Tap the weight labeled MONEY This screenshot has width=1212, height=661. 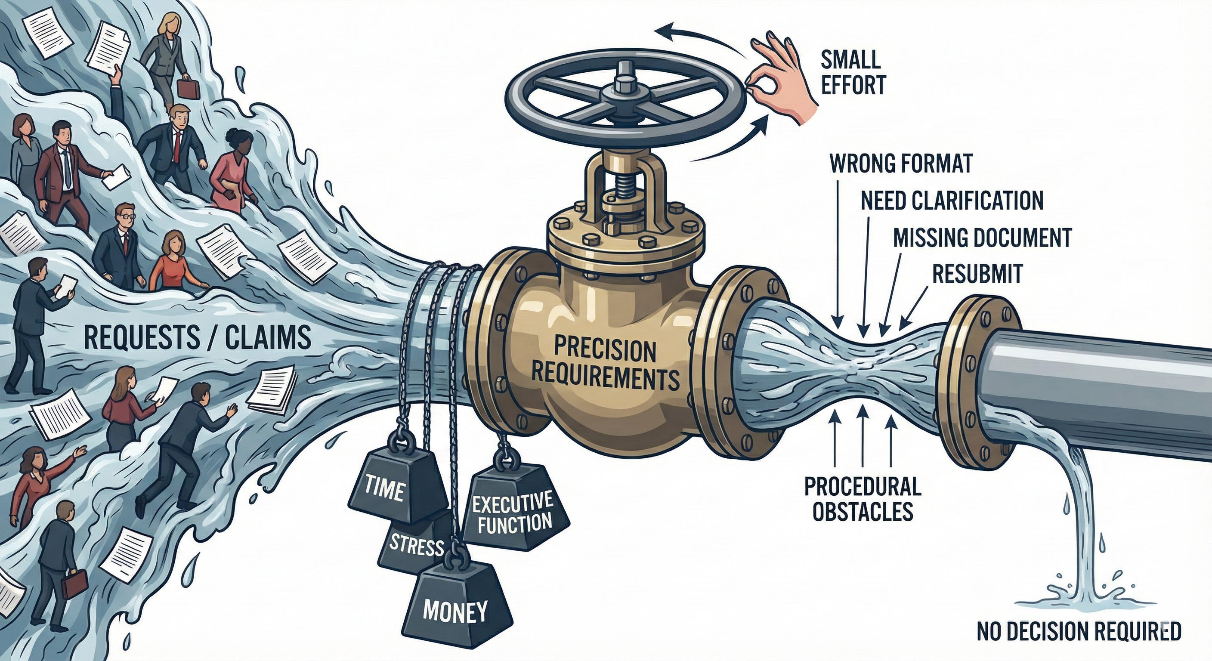[455, 610]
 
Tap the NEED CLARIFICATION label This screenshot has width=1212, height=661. [952, 201]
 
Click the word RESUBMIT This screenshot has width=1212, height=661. [977, 274]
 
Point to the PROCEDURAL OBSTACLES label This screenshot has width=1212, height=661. [863, 498]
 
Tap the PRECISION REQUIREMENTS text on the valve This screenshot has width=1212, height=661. [605, 364]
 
